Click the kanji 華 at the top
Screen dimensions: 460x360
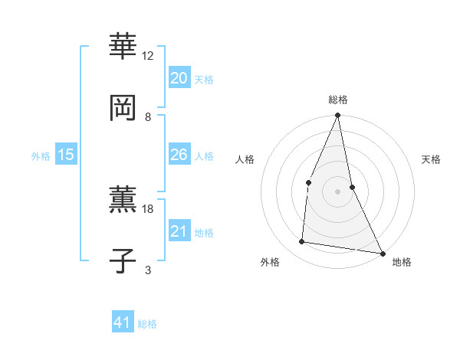coord(123,46)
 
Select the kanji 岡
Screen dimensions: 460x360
coord(123,108)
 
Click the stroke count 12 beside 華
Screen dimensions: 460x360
coord(148,56)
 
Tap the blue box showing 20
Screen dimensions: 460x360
coord(179,77)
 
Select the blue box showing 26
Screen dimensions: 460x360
coord(179,155)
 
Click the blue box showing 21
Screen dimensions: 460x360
coord(179,231)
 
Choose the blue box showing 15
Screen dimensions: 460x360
coord(65,155)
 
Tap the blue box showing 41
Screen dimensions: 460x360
coord(123,322)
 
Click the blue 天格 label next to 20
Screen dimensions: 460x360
coord(204,79)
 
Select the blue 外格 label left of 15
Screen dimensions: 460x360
coord(41,156)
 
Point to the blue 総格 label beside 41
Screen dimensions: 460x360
coord(147,324)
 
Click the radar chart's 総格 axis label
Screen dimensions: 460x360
coord(338,100)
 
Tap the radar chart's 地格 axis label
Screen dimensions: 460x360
coord(402,262)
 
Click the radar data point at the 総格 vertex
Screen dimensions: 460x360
coord(338,116)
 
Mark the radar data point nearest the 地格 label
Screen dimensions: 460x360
coord(382,253)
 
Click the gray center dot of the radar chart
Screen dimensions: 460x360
coord(338,191)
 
